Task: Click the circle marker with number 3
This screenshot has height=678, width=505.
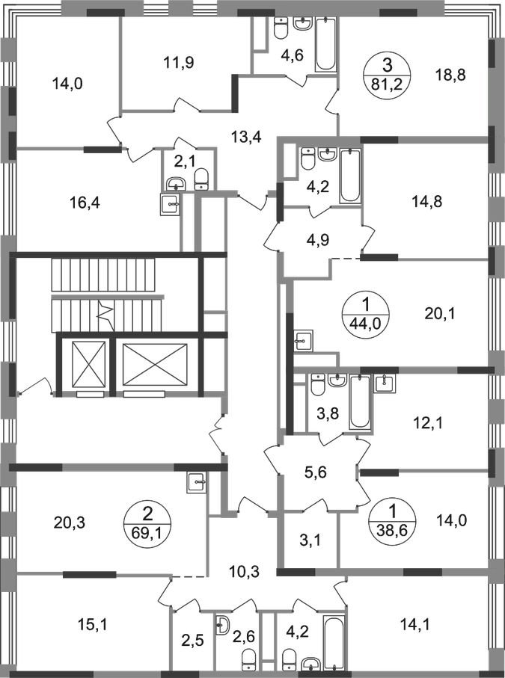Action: coord(387,73)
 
